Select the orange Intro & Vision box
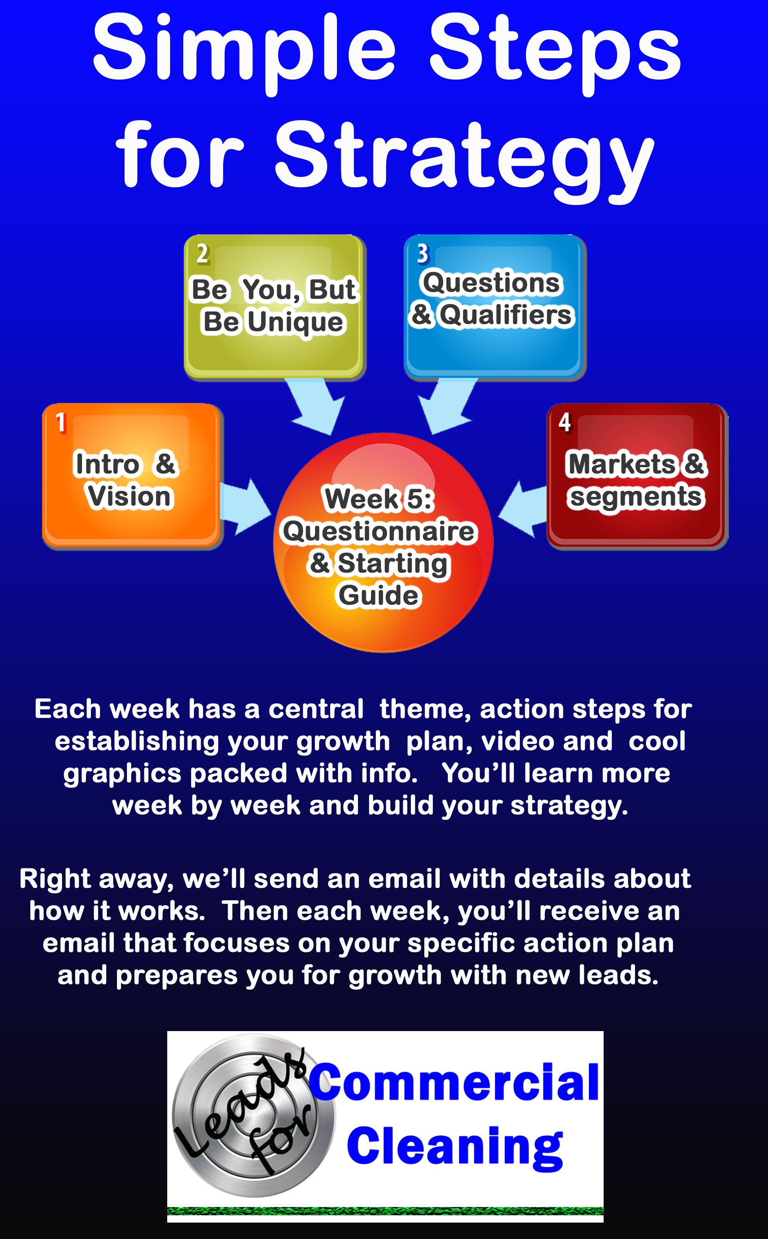click(x=132, y=476)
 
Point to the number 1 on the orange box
click(x=61, y=423)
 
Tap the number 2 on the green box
click(x=203, y=254)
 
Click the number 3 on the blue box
click(x=423, y=254)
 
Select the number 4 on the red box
click(x=565, y=423)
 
